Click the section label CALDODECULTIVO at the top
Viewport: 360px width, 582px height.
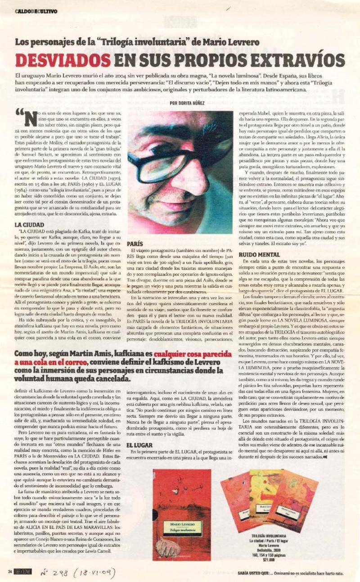pos(36,12)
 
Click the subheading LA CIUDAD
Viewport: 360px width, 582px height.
pos(29,224)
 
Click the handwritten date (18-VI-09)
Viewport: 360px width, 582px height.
pos(94,573)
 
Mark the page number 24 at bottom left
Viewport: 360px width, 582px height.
pos(9,573)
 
